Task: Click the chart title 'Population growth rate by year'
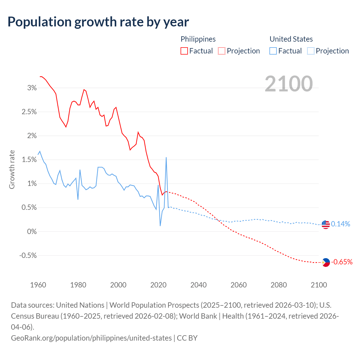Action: point(98,22)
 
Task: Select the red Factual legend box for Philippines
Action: point(184,51)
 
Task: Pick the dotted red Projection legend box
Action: point(222,51)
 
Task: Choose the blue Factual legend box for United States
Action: point(273,51)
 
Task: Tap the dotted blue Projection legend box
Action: point(310,51)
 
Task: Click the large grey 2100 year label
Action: point(289,84)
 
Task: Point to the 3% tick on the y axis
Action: point(32,88)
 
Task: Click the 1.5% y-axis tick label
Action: point(29,160)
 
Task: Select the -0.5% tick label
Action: point(28,256)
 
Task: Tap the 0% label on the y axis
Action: point(32,232)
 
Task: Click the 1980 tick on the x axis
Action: point(78,285)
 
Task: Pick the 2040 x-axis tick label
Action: point(199,285)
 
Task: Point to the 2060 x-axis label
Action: point(238,285)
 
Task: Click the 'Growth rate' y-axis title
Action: point(12,170)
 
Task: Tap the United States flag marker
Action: point(326,224)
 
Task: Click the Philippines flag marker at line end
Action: point(326,262)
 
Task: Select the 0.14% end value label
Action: point(341,224)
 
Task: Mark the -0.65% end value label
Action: point(342,262)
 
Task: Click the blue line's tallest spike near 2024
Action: point(166,158)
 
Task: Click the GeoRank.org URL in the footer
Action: point(91,338)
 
